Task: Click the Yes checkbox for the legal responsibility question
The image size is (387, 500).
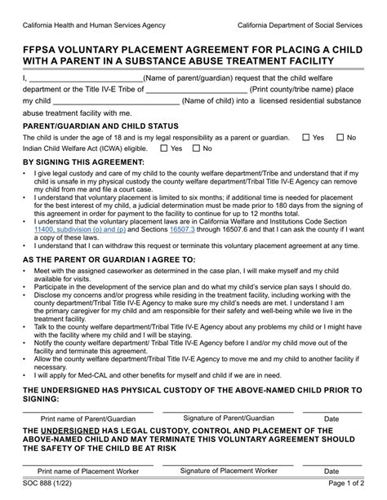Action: pyautogui.click(x=305, y=138)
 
